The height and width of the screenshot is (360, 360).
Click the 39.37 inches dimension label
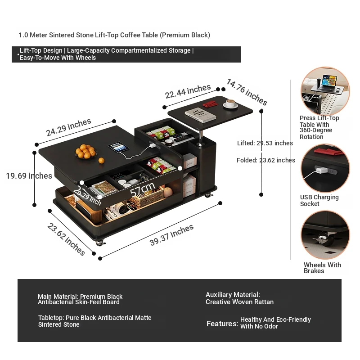tap(171, 235)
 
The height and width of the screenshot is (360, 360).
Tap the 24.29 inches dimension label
tap(68, 127)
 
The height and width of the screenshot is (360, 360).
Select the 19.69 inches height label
tap(29, 176)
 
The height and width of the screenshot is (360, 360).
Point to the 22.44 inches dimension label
tap(188, 92)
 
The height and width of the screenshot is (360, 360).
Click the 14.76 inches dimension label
tap(247, 92)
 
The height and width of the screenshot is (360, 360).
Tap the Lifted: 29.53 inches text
tap(265, 143)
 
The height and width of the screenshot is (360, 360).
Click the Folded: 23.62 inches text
tap(265, 160)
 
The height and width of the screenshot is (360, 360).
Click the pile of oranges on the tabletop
tap(86, 152)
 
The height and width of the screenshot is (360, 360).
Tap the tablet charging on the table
tap(119, 147)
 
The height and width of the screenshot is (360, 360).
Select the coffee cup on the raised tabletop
tap(231, 104)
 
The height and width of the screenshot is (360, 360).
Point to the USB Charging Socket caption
tap(319, 200)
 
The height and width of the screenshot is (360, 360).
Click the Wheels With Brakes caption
tap(322, 268)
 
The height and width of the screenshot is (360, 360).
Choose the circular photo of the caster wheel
tap(325, 235)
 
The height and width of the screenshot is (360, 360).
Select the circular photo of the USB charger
tap(325, 167)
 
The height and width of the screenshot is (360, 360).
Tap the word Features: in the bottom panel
tap(222, 324)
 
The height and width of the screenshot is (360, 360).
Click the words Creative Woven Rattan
tap(239, 302)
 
